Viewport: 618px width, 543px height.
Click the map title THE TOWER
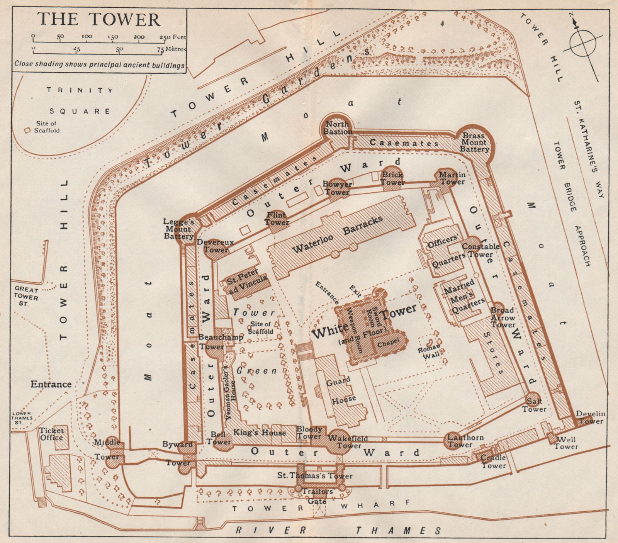(x=100, y=19)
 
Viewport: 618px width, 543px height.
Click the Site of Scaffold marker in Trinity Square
(x=27, y=131)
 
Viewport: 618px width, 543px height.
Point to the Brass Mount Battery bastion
(x=475, y=142)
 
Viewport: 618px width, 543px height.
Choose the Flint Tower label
(x=277, y=219)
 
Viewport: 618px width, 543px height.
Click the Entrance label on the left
(x=51, y=384)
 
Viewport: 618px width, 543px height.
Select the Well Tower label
(x=566, y=443)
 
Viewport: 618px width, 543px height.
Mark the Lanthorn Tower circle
(x=453, y=440)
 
